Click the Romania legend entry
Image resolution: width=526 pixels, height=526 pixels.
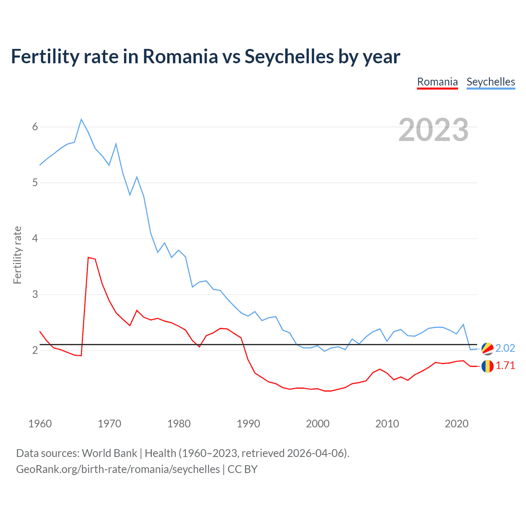click(437, 82)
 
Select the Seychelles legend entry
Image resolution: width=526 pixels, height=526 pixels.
click(491, 82)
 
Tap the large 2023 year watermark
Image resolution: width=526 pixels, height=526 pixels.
click(434, 130)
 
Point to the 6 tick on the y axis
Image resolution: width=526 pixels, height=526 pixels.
click(35, 127)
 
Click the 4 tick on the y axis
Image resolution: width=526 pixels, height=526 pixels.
click(35, 239)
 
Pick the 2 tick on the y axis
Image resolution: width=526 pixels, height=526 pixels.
click(35, 351)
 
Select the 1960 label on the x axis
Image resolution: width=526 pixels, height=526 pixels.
click(40, 424)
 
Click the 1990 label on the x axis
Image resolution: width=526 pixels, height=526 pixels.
click(248, 424)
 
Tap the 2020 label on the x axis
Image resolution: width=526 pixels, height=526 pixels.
click(457, 424)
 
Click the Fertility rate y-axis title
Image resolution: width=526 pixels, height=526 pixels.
click(17, 255)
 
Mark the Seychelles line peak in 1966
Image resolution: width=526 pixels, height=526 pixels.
click(81, 120)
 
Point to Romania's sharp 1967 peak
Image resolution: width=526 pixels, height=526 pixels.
click(88, 258)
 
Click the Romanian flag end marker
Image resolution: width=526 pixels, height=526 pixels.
click(487, 366)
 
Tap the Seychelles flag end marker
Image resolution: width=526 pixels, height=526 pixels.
click(487, 348)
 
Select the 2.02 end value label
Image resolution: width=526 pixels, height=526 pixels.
click(505, 348)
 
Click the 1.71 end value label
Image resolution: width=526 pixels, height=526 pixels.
click(505, 366)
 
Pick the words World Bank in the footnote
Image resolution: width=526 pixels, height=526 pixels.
click(109, 453)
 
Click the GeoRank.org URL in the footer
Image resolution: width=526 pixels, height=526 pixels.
click(118, 469)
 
